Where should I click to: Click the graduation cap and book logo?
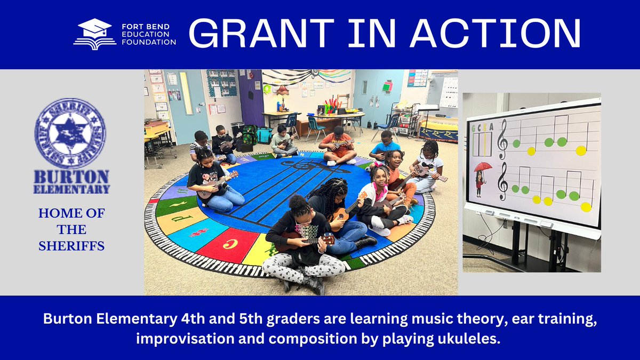pyautogui.click(x=94, y=35)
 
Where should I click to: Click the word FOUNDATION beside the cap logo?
pyautogui.click(x=148, y=42)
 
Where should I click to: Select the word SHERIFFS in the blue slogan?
pyautogui.click(x=71, y=247)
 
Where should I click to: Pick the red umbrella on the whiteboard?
pyautogui.click(x=483, y=166)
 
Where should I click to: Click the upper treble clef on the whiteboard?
pyautogui.click(x=502, y=139)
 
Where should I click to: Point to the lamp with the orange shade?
pyautogui.click(x=282, y=91)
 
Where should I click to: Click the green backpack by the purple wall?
pyautogui.click(x=249, y=134)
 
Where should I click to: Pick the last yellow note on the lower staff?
pyautogui.click(x=586, y=206)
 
